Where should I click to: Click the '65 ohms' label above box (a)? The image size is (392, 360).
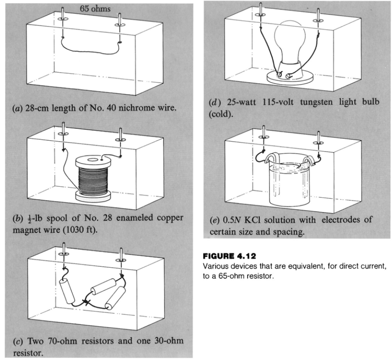point(91,9)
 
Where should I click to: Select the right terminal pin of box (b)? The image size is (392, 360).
point(120,135)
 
